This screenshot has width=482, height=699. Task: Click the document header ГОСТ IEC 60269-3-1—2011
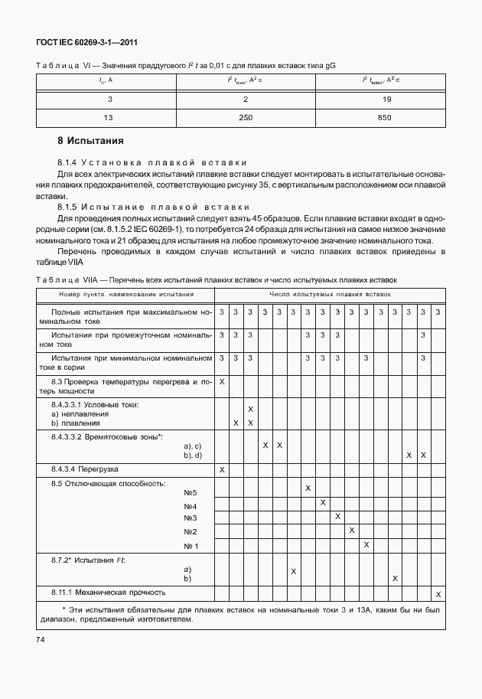coord(87,44)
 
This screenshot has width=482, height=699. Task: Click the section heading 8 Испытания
coord(90,141)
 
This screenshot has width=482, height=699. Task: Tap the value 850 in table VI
coord(384,117)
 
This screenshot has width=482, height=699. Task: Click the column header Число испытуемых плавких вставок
coord(330,293)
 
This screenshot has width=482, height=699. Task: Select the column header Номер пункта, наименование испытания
coord(126,293)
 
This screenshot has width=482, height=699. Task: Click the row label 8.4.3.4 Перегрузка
coord(85,469)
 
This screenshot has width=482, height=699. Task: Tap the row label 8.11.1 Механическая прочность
coord(109,592)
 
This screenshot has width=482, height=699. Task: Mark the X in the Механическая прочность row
coord(438,594)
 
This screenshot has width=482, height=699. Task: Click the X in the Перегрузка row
coord(222,469)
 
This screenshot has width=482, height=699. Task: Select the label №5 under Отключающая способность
coord(191,492)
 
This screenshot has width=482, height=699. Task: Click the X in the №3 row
coord(337,517)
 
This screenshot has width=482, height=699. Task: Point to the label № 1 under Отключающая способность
coord(191,546)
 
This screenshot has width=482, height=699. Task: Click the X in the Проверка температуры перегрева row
coord(222,381)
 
